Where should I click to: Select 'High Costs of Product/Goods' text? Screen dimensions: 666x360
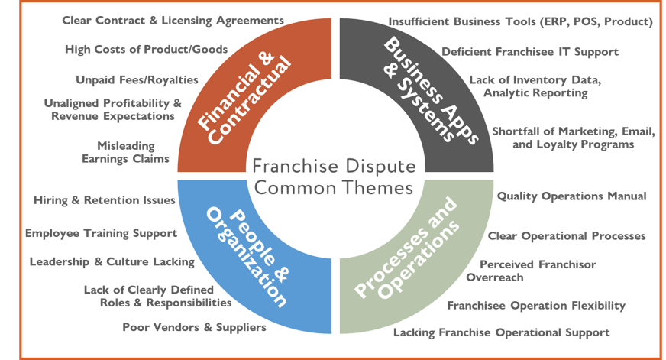pos(145,50)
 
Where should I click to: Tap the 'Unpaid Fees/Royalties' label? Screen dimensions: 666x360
pos(137,79)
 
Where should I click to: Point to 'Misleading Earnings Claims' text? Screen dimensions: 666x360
pos(126,152)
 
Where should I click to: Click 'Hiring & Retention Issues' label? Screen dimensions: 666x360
pos(105,200)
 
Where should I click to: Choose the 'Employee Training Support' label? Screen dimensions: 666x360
pos(102,233)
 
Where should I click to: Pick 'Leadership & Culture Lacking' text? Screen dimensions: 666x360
pos(112,262)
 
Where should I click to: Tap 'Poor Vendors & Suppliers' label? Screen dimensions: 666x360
pos(194,328)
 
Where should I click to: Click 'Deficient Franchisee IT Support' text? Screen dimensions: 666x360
pos(530,52)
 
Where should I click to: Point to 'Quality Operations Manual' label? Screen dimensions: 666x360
pos(571,196)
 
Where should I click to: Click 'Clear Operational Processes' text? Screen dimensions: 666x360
pos(567,236)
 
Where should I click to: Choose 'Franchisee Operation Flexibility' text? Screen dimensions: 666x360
pos(536,306)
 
